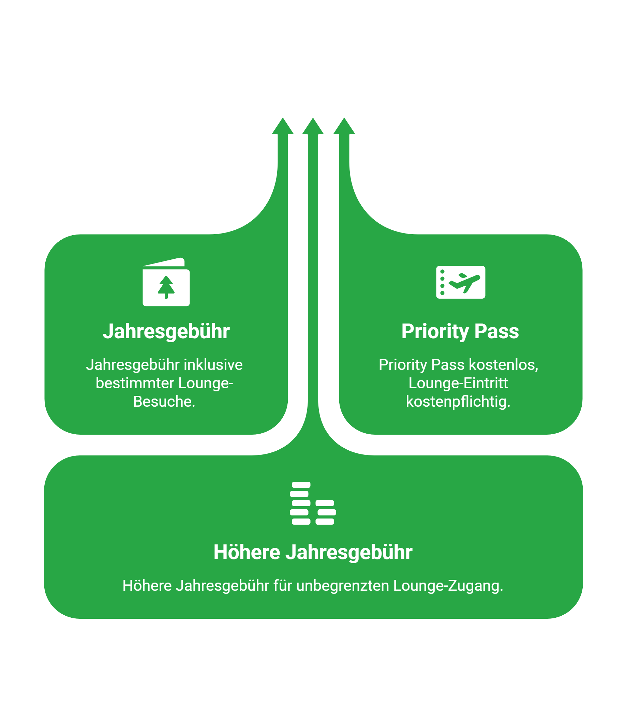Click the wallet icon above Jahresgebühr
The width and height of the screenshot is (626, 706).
click(166, 282)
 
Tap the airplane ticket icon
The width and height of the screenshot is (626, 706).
click(461, 282)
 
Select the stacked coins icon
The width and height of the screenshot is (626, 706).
click(313, 503)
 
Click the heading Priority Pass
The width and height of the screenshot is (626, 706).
click(460, 332)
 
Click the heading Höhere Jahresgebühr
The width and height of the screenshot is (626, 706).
click(313, 552)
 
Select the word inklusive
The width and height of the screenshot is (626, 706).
click(213, 365)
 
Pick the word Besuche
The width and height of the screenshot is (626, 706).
click(164, 401)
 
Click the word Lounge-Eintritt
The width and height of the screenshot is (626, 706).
click(458, 383)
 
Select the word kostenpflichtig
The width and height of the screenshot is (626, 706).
click(458, 402)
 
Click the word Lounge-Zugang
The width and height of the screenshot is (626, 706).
click(448, 586)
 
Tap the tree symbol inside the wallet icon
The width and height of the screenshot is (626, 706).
click(166, 287)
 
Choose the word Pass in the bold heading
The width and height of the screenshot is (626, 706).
click(496, 332)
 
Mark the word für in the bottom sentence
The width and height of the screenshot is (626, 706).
click(283, 586)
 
